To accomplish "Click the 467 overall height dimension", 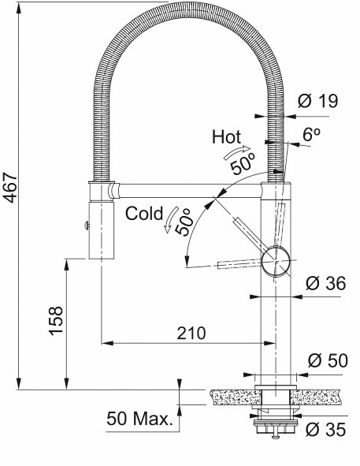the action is point(10,187).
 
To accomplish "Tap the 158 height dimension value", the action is point(56,321).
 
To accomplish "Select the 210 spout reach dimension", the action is point(191,334).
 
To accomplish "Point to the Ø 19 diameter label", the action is point(317,101).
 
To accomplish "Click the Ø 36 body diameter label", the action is point(326,283).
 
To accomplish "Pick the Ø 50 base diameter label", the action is point(328,361).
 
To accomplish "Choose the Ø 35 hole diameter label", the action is point(326,430).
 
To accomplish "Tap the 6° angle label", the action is point(311,135).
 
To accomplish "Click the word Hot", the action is point(226,137).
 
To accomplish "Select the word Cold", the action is point(144,214).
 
